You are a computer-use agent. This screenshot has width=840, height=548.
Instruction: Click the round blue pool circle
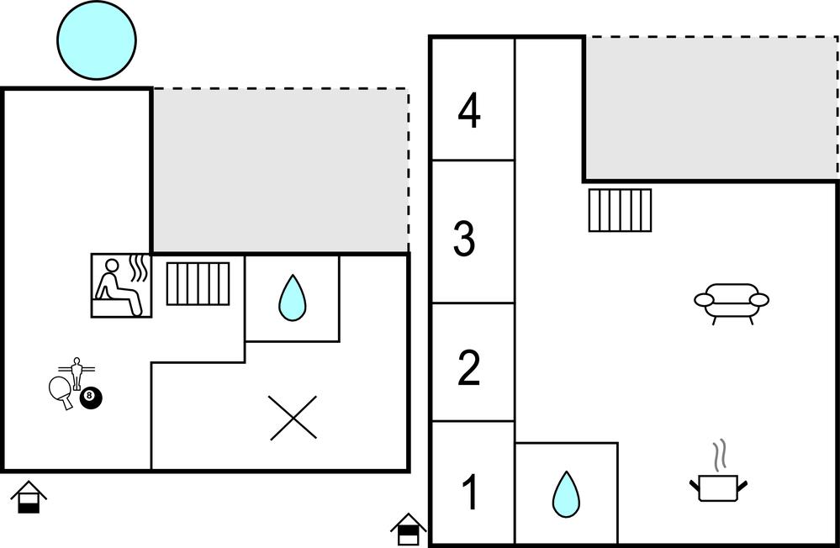[97, 40]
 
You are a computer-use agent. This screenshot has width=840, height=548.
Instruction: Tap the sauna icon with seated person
[121, 285]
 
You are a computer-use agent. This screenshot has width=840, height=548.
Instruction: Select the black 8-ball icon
[91, 398]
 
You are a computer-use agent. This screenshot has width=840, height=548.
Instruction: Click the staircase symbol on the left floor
[198, 283]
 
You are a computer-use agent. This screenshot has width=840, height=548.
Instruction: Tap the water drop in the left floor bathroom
[292, 298]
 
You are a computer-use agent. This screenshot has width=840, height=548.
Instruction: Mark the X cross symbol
[293, 418]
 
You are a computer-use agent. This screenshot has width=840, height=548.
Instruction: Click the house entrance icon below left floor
[29, 497]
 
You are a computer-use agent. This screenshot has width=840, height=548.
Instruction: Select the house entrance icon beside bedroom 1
[409, 529]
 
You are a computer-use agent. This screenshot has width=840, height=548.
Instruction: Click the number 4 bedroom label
[469, 112]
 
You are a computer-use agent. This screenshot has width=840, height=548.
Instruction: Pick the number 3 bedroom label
[464, 239]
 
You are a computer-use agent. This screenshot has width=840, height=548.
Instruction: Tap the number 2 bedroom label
[468, 368]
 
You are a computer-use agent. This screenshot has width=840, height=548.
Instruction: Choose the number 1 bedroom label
[470, 493]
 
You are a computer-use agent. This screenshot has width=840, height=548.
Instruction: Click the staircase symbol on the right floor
[620, 209]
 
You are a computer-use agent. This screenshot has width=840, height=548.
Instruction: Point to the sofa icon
[732, 303]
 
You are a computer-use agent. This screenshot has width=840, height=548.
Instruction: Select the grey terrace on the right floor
[711, 107]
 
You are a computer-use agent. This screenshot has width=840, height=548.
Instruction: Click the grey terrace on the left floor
[280, 170]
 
